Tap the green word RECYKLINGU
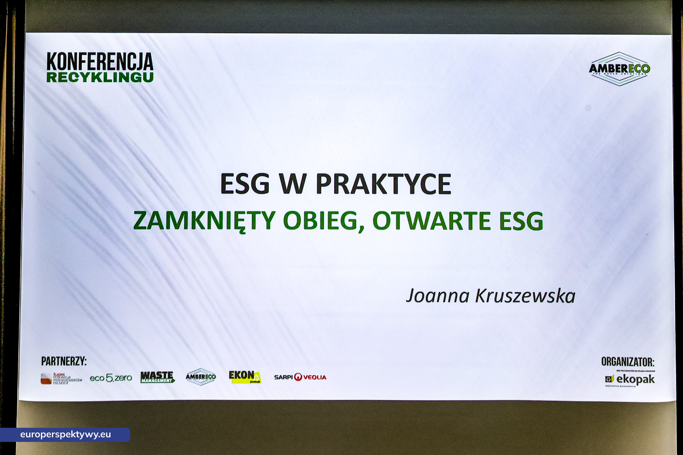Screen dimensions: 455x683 click(x=100, y=77)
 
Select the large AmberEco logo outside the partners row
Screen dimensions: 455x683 click(x=619, y=69)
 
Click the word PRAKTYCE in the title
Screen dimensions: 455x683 click(x=383, y=184)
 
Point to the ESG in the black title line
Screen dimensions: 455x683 click(x=245, y=184)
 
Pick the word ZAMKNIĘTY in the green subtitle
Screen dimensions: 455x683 click(x=204, y=221)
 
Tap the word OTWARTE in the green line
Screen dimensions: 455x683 click(x=432, y=221)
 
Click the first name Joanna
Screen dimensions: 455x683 click(x=438, y=296)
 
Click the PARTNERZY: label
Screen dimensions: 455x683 click(x=64, y=361)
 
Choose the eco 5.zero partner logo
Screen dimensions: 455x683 click(x=111, y=378)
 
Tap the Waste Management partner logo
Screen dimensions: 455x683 click(x=157, y=377)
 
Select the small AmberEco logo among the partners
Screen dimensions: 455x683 click(x=201, y=377)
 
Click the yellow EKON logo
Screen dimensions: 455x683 click(x=245, y=377)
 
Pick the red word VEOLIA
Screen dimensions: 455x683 click(x=315, y=377)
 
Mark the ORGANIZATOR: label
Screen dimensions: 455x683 click(x=628, y=362)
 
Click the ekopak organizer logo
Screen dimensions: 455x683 click(x=630, y=379)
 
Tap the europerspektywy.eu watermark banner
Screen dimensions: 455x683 click(x=65, y=435)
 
